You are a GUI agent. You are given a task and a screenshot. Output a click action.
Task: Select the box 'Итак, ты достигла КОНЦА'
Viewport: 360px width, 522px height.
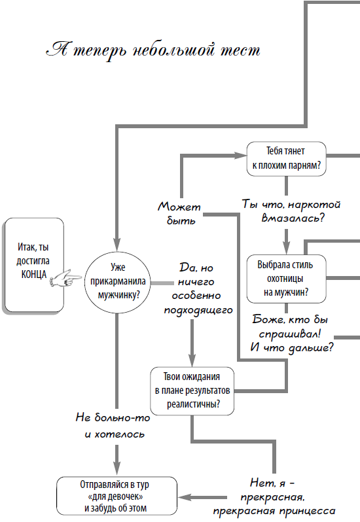[x=33, y=266]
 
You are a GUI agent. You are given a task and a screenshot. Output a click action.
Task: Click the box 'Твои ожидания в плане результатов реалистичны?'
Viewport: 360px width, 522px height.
[x=192, y=391]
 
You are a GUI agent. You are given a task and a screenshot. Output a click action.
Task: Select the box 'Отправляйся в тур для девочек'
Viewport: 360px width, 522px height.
[x=117, y=496]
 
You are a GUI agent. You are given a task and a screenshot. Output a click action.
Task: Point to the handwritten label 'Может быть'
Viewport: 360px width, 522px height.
[x=177, y=213]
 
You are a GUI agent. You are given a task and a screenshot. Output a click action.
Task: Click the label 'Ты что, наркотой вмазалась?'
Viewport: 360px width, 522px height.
[x=285, y=209]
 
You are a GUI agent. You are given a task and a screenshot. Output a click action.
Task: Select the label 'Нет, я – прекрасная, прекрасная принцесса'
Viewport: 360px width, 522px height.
[x=285, y=497]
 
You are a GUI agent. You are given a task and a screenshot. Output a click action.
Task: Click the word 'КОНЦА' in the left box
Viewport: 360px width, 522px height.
[x=33, y=275]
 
